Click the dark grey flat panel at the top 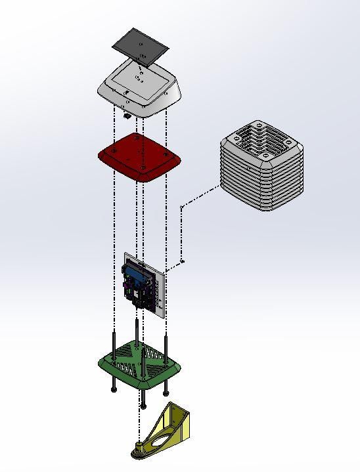(140, 46)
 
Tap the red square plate (139, 158)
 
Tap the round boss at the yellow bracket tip (140, 451)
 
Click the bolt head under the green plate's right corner (166, 393)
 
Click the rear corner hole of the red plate (136, 139)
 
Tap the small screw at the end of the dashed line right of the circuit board (183, 261)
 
